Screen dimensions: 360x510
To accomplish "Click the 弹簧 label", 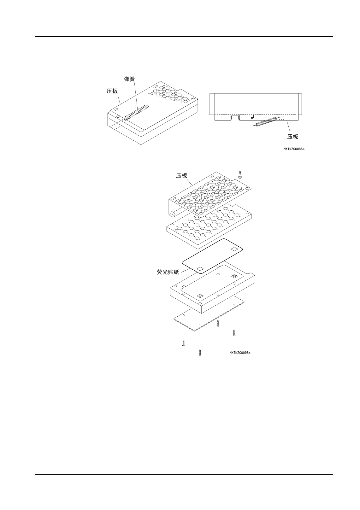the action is (x=129, y=79).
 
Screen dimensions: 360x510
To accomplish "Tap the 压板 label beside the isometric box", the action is (x=112, y=91).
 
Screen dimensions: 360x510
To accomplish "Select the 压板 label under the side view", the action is (x=292, y=137).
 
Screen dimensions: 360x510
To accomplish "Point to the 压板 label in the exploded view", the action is (x=181, y=176).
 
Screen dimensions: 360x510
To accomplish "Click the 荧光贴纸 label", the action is (x=168, y=272).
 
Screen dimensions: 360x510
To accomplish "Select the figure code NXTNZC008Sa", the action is (x=294, y=149).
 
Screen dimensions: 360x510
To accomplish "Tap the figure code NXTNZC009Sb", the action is (x=240, y=353).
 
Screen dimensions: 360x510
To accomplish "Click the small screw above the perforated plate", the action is (x=240, y=173).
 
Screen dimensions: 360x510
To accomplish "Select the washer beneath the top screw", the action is (x=240, y=177).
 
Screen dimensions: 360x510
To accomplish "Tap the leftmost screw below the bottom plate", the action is (x=183, y=343).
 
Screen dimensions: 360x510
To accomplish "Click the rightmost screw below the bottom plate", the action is (x=234, y=332).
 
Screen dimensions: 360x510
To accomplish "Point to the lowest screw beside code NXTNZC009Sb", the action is (x=200, y=353).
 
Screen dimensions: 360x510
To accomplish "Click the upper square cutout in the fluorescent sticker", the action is (x=234, y=249).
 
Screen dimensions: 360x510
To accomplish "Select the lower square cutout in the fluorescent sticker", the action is (x=199, y=269).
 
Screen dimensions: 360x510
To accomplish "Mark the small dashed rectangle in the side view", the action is (x=280, y=118).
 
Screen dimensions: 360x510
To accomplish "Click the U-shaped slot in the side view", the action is (x=235, y=118).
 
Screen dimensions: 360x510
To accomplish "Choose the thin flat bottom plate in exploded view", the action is (x=208, y=315).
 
